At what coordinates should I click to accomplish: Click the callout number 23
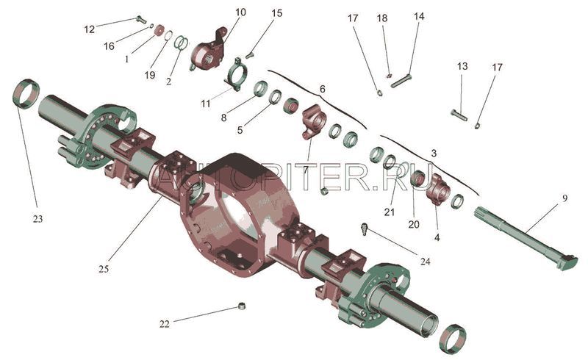[37, 219]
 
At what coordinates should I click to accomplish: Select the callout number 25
[104, 269]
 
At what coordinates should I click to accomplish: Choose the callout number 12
[89, 29]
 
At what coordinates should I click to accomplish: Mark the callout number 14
[419, 16]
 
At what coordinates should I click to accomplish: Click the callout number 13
[462, 67]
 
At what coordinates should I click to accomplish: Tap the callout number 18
[381, 17]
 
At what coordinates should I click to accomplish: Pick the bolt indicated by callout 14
[401, 81]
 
